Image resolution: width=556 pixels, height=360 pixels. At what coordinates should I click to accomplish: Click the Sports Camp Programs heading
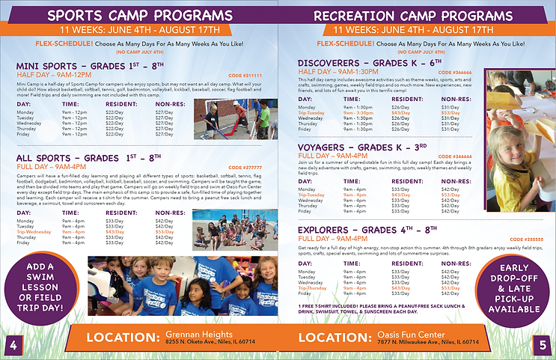click(139, 16)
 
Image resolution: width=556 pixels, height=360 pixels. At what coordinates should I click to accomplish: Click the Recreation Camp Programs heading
click(415, 16)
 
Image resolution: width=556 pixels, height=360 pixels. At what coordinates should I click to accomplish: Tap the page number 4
click(12, 344)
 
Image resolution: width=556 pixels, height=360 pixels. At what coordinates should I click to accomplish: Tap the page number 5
click(543, 344)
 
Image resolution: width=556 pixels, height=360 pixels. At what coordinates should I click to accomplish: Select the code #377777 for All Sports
click(245, 167)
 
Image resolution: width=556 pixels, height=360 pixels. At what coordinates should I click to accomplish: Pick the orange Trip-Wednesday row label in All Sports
click(33, 232)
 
